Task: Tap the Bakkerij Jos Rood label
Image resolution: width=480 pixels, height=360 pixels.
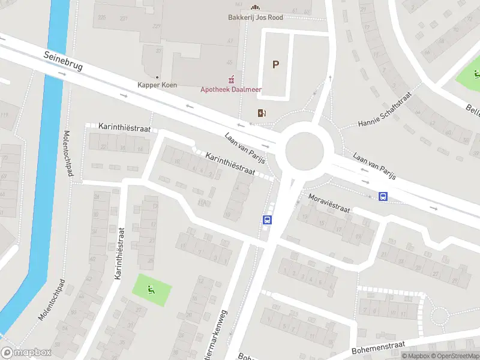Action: pyautogui.click(x=255, y=17)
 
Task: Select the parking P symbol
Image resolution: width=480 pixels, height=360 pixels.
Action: pyautogui.click(x=275, y=65)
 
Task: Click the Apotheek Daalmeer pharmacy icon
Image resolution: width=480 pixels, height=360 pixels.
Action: pyautogui.click(x=231, y=80)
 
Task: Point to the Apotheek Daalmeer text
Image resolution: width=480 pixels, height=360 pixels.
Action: pyautogui.click(x=231, y=89)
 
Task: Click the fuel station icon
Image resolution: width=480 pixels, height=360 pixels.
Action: pyautogui.click(x=262, y=112)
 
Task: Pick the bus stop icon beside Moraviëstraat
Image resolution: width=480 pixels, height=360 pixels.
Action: pyautogui.click(x=383, y=196)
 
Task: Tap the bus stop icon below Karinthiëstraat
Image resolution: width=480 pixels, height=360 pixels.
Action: pyautogui.click(x=267, y=220)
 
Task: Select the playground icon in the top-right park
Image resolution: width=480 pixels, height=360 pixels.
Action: pyautogui.click(x=476, y=75)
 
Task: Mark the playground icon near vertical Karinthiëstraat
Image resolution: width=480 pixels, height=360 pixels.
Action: pyautogui.click(x=151, y=290)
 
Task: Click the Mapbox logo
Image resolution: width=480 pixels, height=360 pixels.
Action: pyautogui.click(x=26, y=353)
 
